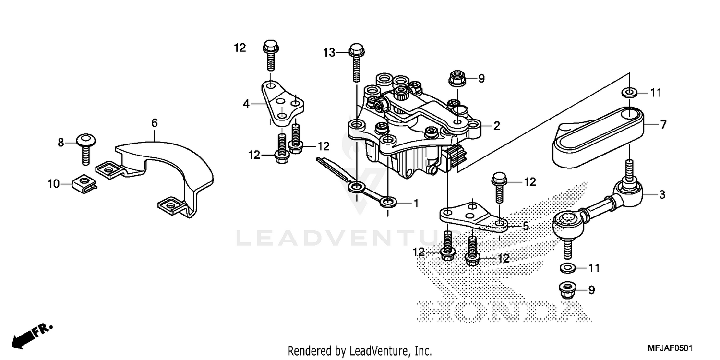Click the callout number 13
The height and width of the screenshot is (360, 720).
pyautogui.click(x=329, y=53)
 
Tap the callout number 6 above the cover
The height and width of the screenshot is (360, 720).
pyautogui.click(x=154, y=123)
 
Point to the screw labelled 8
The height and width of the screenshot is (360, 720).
pyautogui.click(x=86, y=146)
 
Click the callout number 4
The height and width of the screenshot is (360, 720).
pyautogui.click(x=247, y=103)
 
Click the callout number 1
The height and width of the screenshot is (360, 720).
pyautogui.click(x=416, y=204)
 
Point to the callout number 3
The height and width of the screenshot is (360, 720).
pyautogui.click(x=662, y=195)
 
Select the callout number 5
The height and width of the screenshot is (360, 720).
pyautogui.click(x=526, y=226)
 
